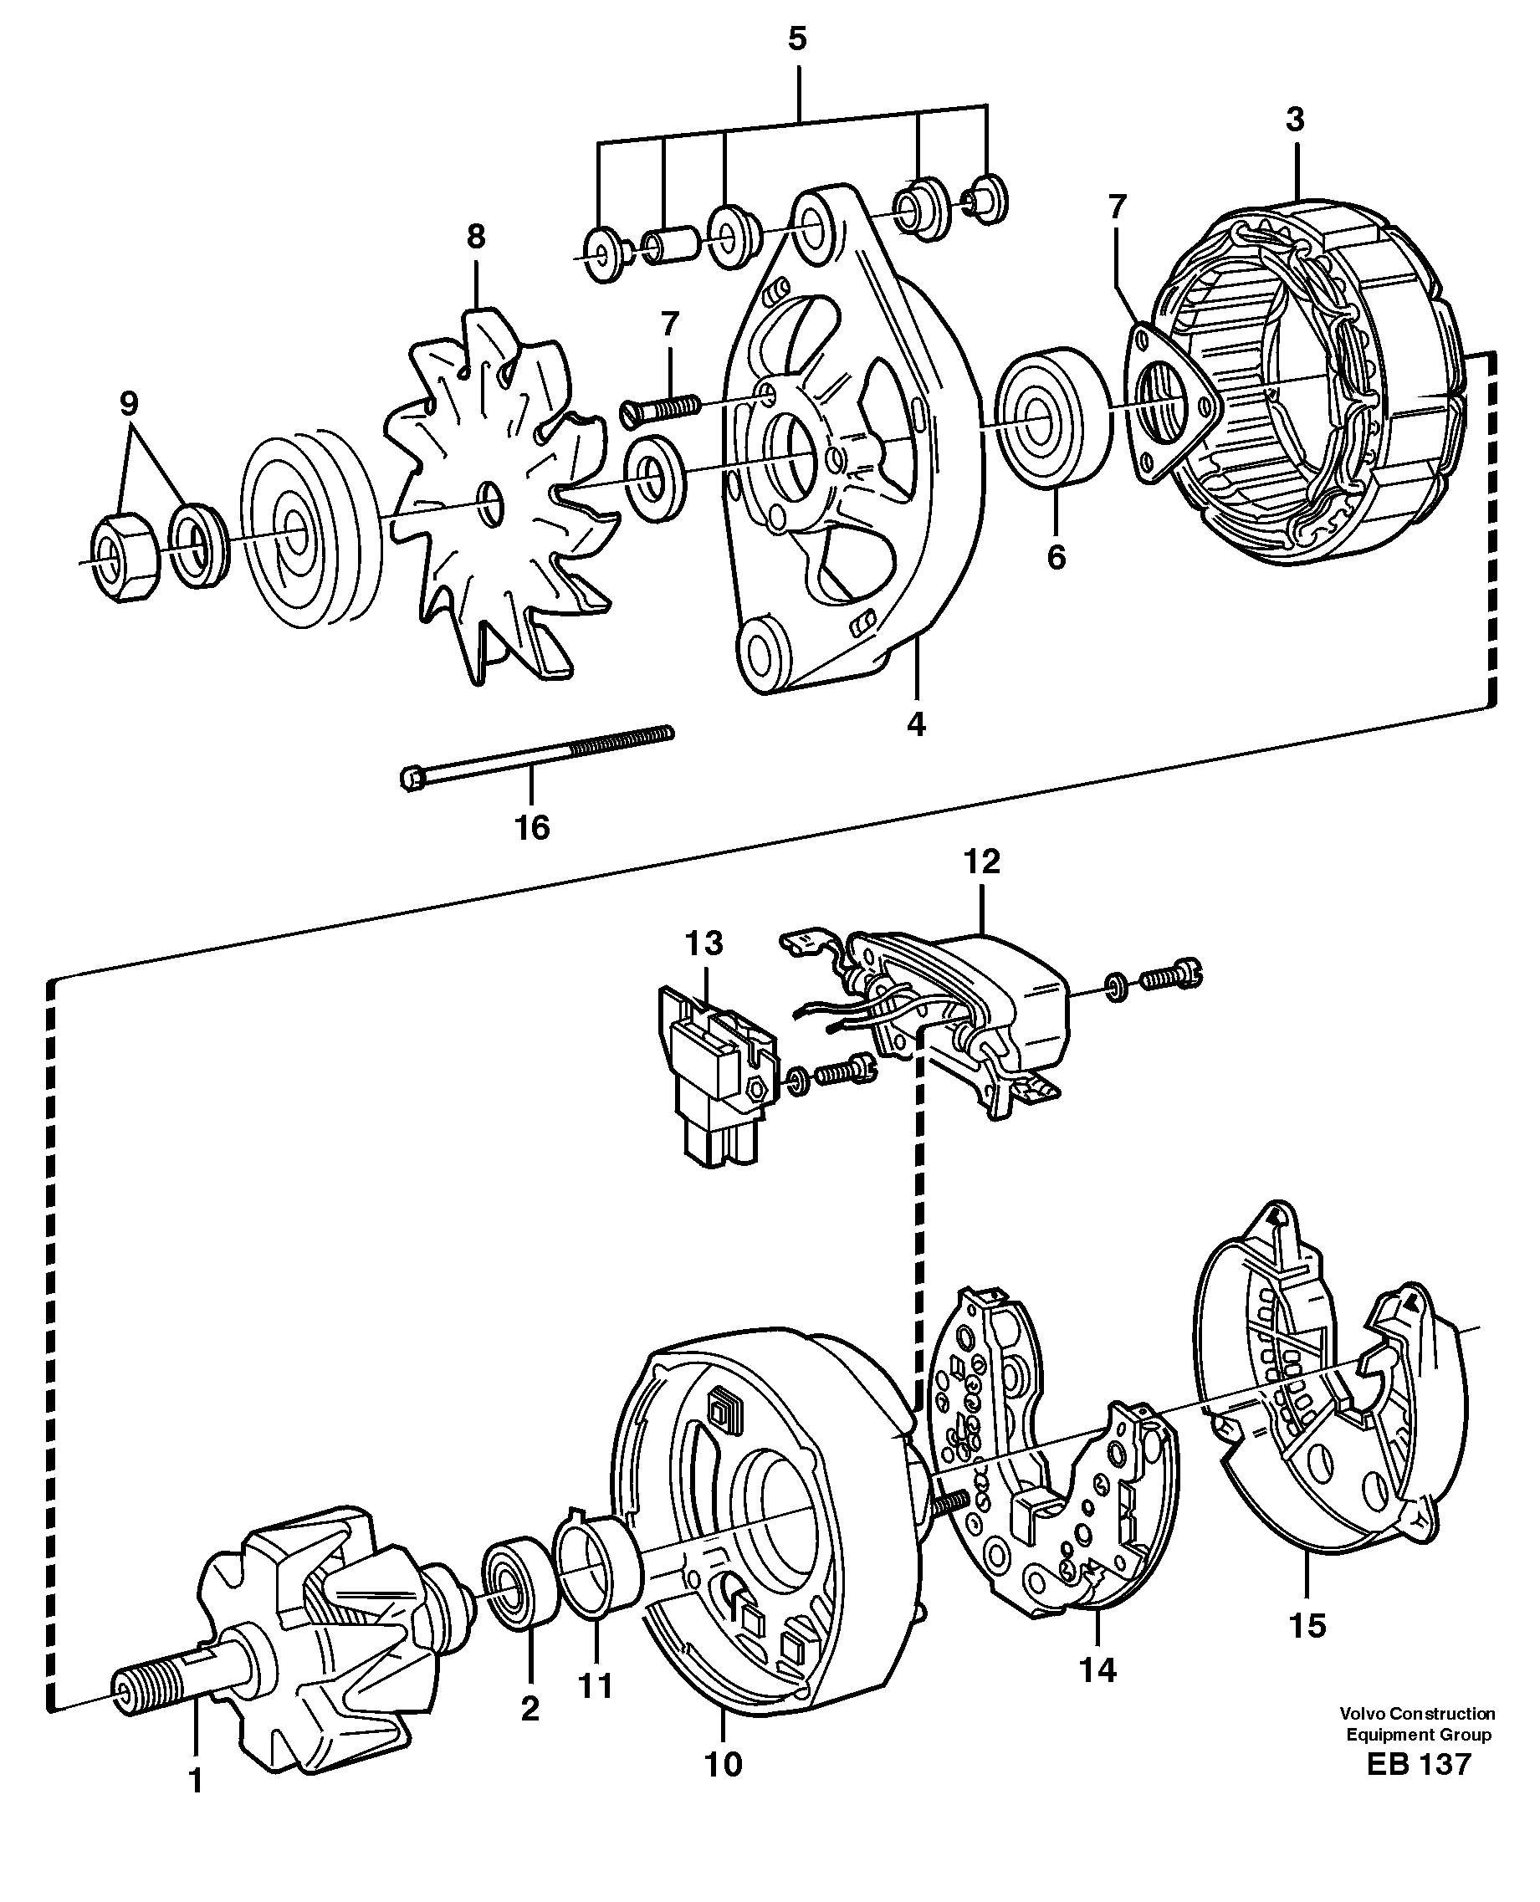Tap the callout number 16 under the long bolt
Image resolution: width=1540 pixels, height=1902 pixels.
point(532,828)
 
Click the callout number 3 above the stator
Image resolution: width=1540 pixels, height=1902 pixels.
point(1295,120)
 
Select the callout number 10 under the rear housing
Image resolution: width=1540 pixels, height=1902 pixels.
point(723,1764)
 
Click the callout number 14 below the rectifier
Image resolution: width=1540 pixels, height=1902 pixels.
point(1097,1669)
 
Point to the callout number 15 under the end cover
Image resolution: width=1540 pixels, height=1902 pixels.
point(1307,1625)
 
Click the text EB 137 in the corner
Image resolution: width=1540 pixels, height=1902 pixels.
point(1419,1764)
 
